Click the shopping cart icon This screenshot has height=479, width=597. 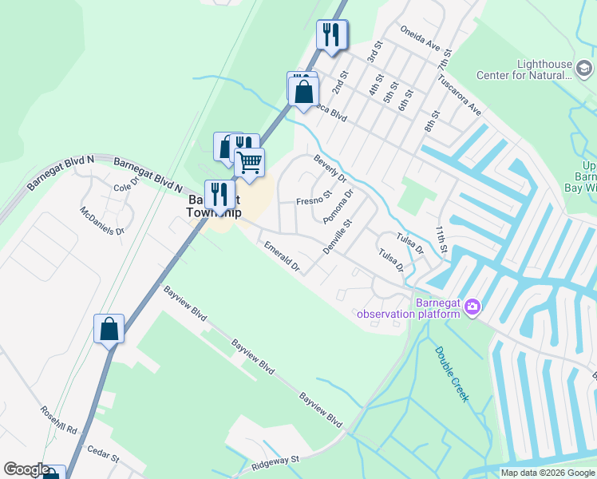click(x=249, y=163)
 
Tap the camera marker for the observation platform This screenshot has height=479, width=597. click(x=472, y=307)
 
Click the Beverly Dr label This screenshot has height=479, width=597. click(x=330, y=168)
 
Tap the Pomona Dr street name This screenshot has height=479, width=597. click(x=338, y=207)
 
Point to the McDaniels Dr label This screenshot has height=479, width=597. click(x=102, y=221)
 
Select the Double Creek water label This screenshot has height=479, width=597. click(x=452, y=373)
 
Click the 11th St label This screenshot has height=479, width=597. click(x=443, y=238)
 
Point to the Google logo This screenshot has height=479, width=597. click(x=26, y=469)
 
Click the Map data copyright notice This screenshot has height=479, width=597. click(x=547, y=473)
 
